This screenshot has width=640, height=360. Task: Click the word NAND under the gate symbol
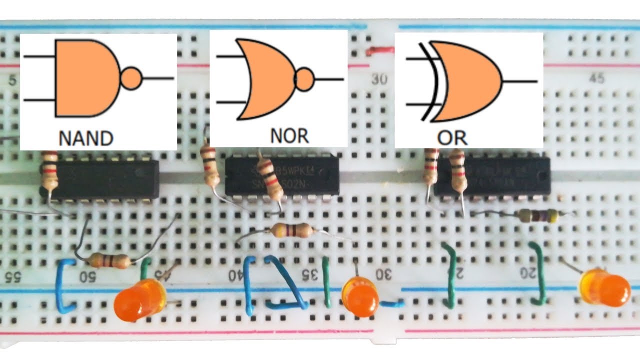point(86,137)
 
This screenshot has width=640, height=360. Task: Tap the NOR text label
point(289,135)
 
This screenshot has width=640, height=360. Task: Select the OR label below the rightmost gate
point(451,137)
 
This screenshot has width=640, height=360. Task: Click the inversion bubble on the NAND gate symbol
point(131,78)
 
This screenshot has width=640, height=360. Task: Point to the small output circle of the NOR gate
point(305,79)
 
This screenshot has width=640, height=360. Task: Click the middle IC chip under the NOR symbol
point(282,176)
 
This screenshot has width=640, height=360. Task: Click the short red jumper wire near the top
point(380,50)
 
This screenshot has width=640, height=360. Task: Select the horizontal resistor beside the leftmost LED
point(108,260)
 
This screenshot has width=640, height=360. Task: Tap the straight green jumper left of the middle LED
point(326,282)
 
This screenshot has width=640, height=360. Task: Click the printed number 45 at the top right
point(596,78)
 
